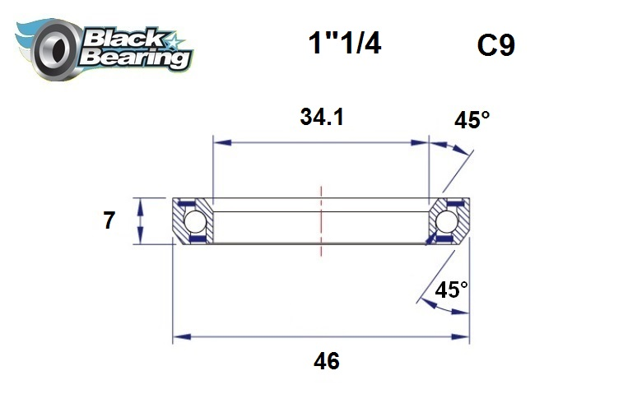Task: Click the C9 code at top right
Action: coord(495,45)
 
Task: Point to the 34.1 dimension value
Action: coord(321,118)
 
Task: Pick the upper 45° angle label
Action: coord(472,120)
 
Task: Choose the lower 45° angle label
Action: coord(451,290)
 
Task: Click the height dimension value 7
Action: coord(109,221)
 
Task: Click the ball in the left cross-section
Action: coord(194,221)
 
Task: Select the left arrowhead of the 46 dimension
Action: coord(179,336)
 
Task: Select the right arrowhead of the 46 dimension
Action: coord(463,336)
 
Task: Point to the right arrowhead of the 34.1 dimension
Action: coord(423,142)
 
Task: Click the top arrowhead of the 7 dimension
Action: coord(142,203)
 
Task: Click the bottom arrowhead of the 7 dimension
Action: coord(142,239)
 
